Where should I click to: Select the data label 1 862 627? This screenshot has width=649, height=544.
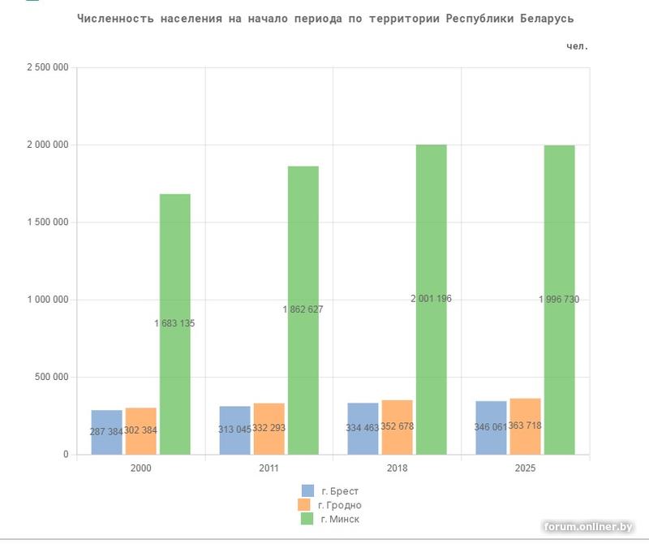click(303, 309)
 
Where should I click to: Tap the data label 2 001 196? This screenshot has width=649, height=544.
click(431, 299)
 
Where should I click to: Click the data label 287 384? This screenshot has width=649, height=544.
click(106, 432)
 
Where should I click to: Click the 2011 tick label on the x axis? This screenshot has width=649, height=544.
click(269, 468)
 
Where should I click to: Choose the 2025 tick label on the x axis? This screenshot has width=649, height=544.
click(525, 468)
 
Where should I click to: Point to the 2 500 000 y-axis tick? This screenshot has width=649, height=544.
click(47, 67)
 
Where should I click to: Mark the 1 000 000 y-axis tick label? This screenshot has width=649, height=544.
click(47, 300)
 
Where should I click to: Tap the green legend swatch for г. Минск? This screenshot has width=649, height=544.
click(307, 519)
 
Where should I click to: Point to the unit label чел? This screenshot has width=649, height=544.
click(578, 46)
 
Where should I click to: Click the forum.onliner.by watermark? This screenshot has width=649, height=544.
click(587, 528)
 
